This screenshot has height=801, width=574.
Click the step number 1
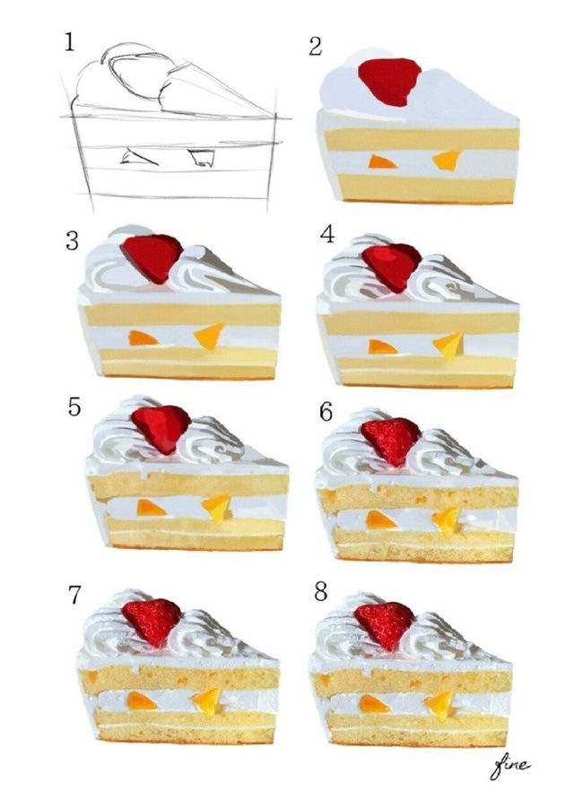pyautogui.click(x=69, y=41)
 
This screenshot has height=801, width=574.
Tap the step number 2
pyautogui.click(x=316, y=47)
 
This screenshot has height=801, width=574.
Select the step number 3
pyautogui.click(x=72, y=241)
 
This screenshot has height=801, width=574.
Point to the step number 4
pyautogui.click(x=327, y=234)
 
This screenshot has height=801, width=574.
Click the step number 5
pyautogui.click(x=74, y=407)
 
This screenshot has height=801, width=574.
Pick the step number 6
pyautogui.click(x=326, y=411)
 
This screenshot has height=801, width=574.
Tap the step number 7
pyautogui.click(x=74, y=595)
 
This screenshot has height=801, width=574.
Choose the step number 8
pyautogui.click(x=321, y=592)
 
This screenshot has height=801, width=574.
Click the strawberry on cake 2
pyautogui.click(x=389, y=81)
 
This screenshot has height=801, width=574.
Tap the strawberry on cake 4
pyautogui.click(x=392, y=266)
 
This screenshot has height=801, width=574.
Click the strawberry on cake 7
pyautogui.click(x=152, y=622)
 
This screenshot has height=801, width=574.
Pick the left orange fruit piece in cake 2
pyautogui.click(x=381, y=161)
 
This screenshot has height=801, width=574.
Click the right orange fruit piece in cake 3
pyautogui.click(x=209, y=335)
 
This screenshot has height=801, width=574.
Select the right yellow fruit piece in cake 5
pyautogui.click(x=216, y=508)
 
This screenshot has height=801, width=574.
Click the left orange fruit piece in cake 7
pyautogui.click(x=141, y=701)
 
